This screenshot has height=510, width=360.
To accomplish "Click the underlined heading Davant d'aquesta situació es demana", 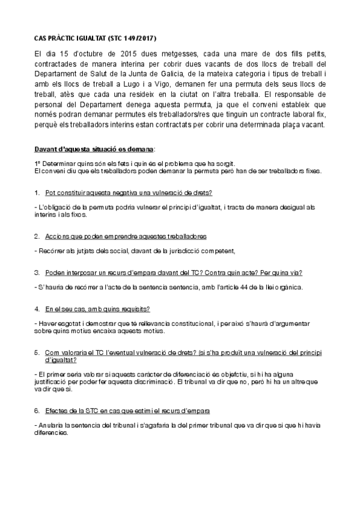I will pos(94,148).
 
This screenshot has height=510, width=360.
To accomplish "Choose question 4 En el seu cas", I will pos(97,309).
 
